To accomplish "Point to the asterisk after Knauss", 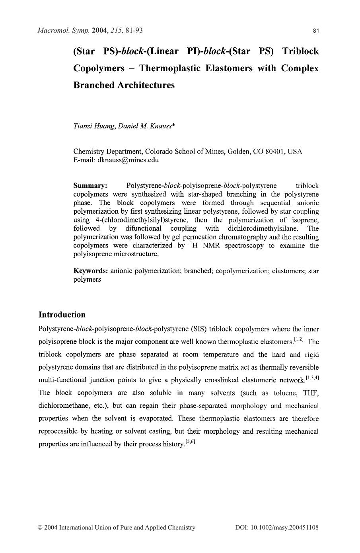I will [173, 125].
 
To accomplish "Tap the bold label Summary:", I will [90, 186].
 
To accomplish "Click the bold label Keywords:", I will [91, 271].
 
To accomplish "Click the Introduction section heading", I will [62, 315].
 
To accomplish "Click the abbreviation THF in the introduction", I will [311, 393].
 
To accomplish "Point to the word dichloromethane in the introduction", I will [65, 406].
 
